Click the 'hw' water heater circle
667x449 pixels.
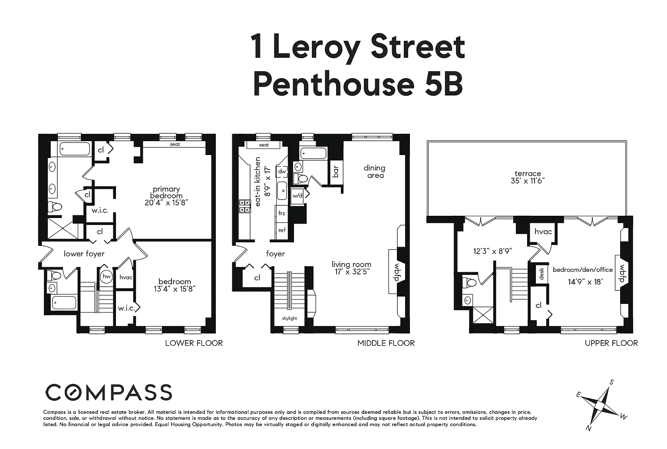(106, 277)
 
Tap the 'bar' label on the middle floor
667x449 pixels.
(336, 172)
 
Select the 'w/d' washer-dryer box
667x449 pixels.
(297, 195)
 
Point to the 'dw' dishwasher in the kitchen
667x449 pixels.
(282, 172)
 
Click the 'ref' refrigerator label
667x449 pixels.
(282, 230)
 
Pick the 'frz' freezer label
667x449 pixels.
(282, 214)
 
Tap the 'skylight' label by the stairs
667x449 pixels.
(290, 318)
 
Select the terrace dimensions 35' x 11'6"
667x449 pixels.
(528, 181)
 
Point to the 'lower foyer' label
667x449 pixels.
(84, 254)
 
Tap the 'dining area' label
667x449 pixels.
(375, 172)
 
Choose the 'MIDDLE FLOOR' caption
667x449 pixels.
(386, 343)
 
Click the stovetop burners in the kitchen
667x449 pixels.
(245, 206)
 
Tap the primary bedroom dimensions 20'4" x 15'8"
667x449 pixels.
(166, 203)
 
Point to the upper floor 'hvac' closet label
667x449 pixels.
(543, 231)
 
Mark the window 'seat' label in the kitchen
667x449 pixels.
(264, 145)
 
